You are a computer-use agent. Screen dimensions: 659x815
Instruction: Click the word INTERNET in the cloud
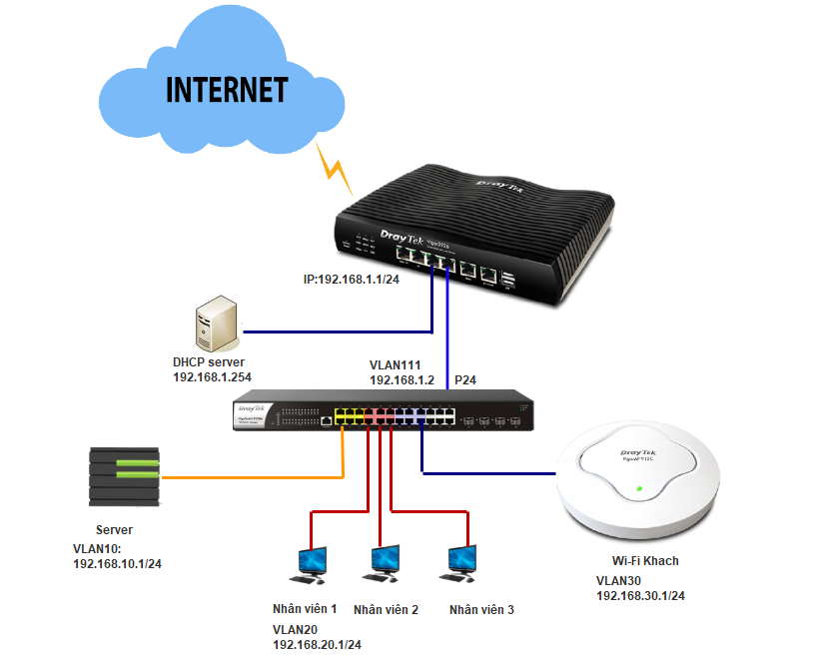coord(227,89)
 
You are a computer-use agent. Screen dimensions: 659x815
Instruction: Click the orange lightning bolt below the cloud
coord(335,168)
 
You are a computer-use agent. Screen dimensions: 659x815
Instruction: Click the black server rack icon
coord(124,477)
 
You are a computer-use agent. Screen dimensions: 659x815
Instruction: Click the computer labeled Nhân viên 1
coord(307,565)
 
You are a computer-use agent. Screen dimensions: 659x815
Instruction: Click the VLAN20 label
coord(297,629)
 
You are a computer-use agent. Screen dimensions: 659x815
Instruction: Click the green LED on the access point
coord(638,489)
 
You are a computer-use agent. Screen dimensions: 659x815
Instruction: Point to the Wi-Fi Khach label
coord(645,561)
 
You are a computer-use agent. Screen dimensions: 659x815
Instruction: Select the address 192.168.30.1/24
coord(640,596)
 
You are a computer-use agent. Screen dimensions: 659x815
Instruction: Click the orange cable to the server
coord(250,477)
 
